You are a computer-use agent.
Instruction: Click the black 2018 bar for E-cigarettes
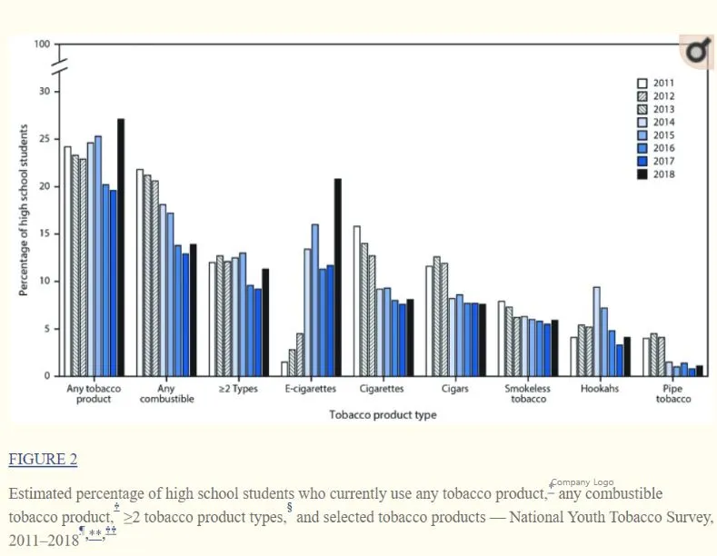(x=338, y=277)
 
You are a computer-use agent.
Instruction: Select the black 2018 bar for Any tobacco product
(x=121, y=247)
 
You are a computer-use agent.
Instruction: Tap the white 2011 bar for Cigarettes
(x=357, y=301)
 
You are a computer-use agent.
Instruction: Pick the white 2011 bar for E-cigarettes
(x=284, y=369)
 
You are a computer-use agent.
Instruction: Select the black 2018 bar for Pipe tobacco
(x=699, y=371)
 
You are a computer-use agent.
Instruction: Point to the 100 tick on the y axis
(x=43, y=45)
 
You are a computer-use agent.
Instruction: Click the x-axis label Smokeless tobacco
(x=528, y=393)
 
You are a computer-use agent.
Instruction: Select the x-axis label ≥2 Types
(x=239, y=389)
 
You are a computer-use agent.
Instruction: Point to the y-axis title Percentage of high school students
(x=24, y=211)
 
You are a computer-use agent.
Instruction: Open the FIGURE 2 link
(x=43, y=459)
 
